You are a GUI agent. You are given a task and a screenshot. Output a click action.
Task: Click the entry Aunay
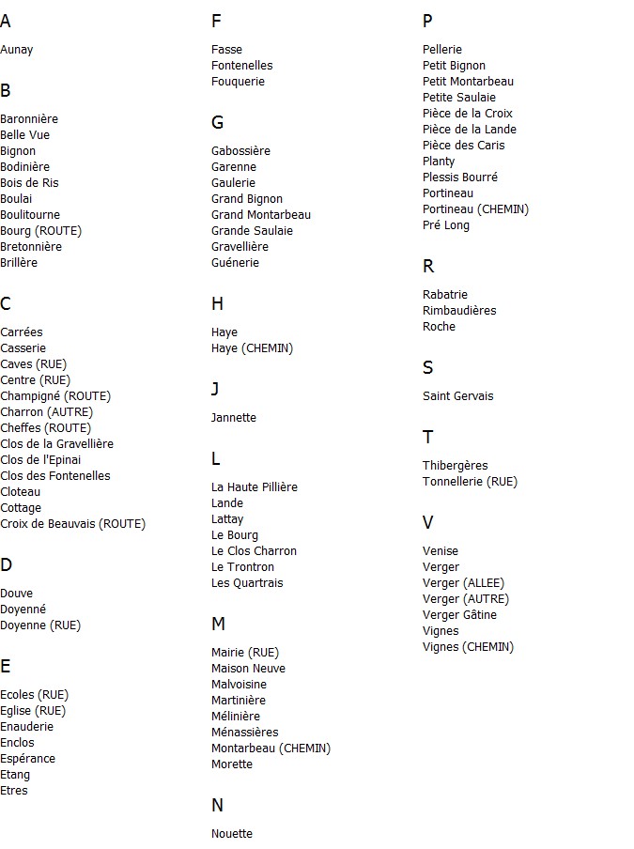[17, 50]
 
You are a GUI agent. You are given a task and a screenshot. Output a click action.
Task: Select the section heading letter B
[6, 91]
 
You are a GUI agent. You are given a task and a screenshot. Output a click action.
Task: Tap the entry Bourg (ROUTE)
[40, 231]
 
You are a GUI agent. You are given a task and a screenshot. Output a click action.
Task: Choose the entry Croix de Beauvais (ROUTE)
[72, 524]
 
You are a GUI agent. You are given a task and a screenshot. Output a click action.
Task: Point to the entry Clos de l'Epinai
[40, 460]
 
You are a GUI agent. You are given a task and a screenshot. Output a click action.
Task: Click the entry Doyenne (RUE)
[40, 625]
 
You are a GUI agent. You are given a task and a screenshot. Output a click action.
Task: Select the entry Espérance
[27, 759]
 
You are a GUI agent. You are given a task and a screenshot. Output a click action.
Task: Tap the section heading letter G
[217, 123]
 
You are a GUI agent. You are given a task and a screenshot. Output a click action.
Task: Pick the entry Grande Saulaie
[252, 231]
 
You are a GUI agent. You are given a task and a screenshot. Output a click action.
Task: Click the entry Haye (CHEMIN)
[252, 348]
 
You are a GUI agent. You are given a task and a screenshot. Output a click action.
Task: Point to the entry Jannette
[233, 418]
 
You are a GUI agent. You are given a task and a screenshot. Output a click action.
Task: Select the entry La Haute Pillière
[254, 487]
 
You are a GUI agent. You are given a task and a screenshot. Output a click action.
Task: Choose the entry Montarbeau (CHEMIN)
[271, 749]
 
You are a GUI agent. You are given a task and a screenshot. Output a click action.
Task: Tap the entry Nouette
[231, 834]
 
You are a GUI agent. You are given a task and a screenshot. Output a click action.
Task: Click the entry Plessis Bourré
[459, 178]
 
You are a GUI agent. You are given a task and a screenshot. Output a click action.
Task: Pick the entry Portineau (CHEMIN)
[475, 209]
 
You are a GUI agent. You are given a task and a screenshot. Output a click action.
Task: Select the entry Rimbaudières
[459, 311]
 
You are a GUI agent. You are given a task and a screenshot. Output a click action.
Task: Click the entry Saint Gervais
[457, 396]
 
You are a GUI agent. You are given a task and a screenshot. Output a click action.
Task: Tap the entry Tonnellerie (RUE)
[470, 482]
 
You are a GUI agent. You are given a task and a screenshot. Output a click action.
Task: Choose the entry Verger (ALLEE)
[463, 583]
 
